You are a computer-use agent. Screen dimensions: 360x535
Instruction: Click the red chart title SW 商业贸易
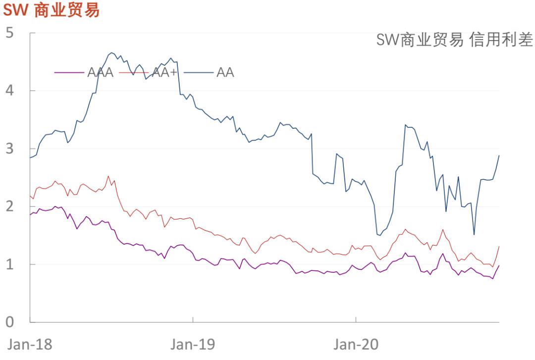pyautogui.click(x=52, y=10)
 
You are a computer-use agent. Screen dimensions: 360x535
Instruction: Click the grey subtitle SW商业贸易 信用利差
pyautogui.click(x=454, y=40)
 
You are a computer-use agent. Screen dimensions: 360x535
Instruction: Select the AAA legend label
pyautogui.click(x=101, y=72)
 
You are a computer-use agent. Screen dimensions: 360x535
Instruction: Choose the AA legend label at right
pyautogui.click(x=225, y=72)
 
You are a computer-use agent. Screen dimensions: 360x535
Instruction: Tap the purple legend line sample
pyautogui.click(x=69, y=72)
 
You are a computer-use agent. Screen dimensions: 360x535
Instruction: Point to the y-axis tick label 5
pyautogui.click(x=10, y=33)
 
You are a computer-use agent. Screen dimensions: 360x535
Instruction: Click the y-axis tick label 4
pyautogui.click(x=10, y=91)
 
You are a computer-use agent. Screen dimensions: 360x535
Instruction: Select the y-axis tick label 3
pyautogui.click(x=10, y=149)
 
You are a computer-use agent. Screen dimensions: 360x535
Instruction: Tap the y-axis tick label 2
pyautogui.click(x=10, y=206)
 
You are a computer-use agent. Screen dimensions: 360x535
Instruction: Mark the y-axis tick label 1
pyautogui.click(x=10, y=264)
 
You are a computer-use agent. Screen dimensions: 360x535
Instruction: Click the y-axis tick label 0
pyautogui.click(x=10, y=322)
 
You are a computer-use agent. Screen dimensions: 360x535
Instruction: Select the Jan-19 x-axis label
pyautogui.click(x=193, y=344)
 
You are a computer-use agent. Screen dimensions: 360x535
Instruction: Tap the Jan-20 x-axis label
pyautogui.click(x=356, y=344)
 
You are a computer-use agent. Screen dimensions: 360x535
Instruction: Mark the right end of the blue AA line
pyautogui.click(x=499, y=155)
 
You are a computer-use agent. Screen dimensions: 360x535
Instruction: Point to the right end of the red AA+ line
pyautogui.click(x=499, y=246)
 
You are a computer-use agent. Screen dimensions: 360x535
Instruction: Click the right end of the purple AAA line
pyautogui.click(x=499, y=266)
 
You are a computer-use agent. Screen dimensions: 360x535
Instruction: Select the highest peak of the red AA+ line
pyautogui.click(x=108, y=176)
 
